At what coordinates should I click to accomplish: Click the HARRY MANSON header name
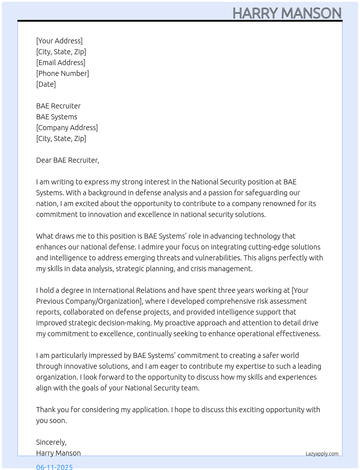click(287, 13)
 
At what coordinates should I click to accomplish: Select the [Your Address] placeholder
click(59, 41)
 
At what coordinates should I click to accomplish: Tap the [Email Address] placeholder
click(61, 63)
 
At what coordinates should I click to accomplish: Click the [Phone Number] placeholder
click(63, 73)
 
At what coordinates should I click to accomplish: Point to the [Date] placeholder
click(46, 84)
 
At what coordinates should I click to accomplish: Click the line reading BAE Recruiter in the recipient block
click(58, 106)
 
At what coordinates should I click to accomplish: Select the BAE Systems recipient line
click(57, 117)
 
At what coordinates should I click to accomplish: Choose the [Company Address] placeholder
click(67, 128)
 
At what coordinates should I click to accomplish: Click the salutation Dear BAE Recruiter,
click(68, 160)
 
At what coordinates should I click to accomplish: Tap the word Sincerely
click(51, 442)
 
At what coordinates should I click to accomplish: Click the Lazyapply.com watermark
click(322, 454)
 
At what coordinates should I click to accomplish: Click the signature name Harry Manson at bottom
click(59, 453)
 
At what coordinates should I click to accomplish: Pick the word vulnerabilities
click(218, 258)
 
